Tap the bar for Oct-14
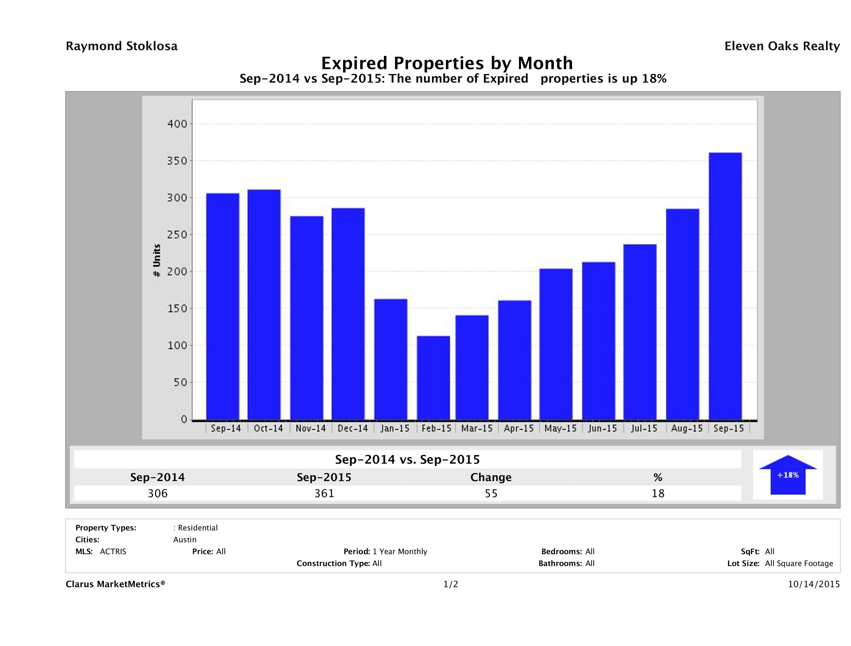[264, 305]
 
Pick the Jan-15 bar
[391, 359]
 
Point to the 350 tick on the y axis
[177, 161]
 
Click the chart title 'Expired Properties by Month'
[447, 63]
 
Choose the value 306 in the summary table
[158, 493]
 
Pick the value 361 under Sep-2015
[324, 493]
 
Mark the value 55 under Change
[491, 493]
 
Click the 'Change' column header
[491, 477]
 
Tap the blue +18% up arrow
[787, 475]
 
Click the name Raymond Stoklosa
[122, 46]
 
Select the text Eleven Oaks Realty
[782, 46]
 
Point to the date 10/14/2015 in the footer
[814, 584]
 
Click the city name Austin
[185, 540]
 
